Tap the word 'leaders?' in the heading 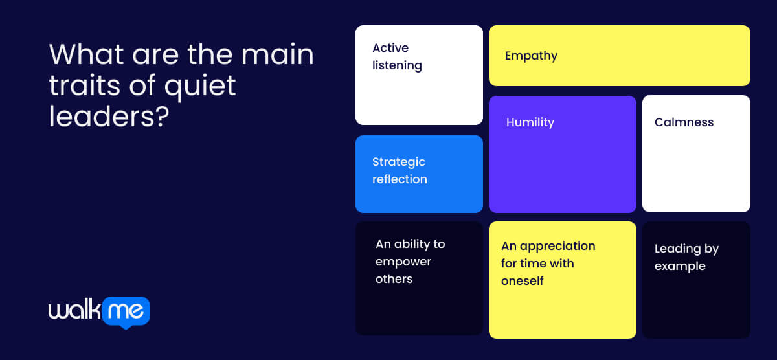click(109, 117)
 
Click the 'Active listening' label click(397, 56)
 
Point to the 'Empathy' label click(531, 56)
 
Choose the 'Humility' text click(530, 122)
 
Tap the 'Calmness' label click(684, 122)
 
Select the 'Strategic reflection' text click(400, 170)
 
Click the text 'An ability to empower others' click(410, 262)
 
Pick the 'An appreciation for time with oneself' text click(548, 263)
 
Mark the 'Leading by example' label click(686, 257)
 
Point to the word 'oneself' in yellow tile click(522, 281)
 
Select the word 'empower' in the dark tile click(403, 262)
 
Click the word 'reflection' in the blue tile click(400, 179)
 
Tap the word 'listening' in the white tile click(397, 65)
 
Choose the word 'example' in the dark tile click(680, 266)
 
